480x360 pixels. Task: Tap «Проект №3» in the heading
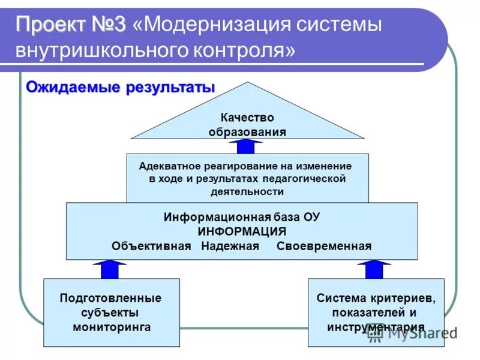(71, 26)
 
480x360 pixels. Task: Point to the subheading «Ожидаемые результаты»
(120, 88)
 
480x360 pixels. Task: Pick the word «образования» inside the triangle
(247, 131)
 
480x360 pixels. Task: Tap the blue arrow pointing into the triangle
(246, 146)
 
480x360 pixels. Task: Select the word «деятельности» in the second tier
(247, 192)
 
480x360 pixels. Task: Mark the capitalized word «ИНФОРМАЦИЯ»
(242, 231)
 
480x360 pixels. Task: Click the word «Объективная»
(151, 246)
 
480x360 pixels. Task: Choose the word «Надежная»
(230, 246)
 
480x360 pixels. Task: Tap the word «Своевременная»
(324, 246)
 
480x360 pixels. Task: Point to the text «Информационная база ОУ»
(242, 217)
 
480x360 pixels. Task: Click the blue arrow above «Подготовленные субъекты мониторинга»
(110, 269)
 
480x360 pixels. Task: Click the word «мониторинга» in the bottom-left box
(112, 327)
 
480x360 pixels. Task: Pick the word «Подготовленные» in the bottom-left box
(110, 298)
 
